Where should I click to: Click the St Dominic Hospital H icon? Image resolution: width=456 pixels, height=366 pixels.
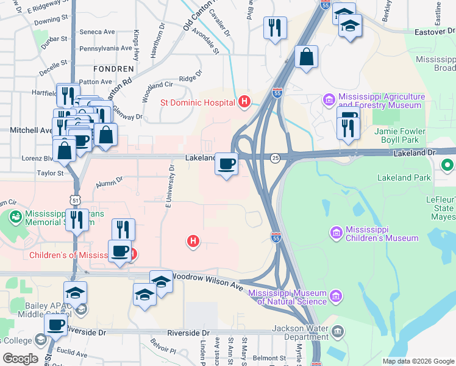pyautogui.click(x=244, y=101)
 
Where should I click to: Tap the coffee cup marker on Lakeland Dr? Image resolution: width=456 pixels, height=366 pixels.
pyautogui.click(x=227, y=163)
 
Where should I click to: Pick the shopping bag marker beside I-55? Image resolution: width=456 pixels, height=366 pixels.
pyautogui.click(x=306, y=57)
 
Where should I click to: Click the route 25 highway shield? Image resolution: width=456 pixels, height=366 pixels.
pyautogui.click(x=276, y=159)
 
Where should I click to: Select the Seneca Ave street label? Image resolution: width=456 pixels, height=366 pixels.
pyautogui.click(x=98, y=32)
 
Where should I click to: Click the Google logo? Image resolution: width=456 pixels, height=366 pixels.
pyautogui.click(x=21, y=359)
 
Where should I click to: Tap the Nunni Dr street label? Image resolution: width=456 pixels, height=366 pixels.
pyautogui.click(x=109, y=180)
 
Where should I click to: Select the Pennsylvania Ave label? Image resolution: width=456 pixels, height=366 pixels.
pyautogui.click(x=105, y=48)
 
